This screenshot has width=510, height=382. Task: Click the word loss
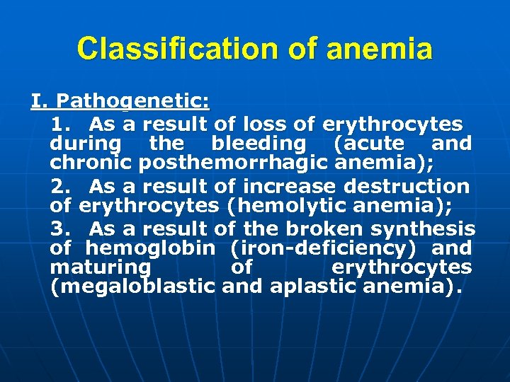[x=266, y=125]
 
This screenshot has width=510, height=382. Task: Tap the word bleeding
[x=258, y=144]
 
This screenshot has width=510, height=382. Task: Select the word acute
[x=378, y=144]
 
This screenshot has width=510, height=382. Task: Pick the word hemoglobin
[x=150, y=248]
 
